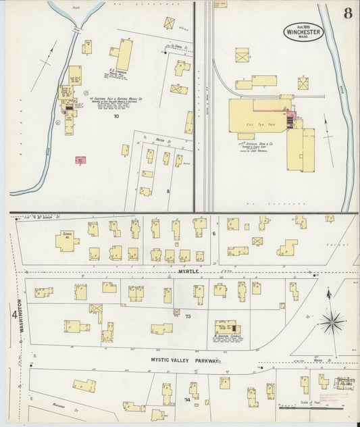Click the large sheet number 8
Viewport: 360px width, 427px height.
pyautogui.click(x=346, y=14)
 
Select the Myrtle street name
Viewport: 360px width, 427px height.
pyautogui.click(x=190, y=271)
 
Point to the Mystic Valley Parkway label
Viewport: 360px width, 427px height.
pyautogui.click(x=185, y=361)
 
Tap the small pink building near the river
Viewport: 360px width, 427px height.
pyautogui.click(x=81, y=160)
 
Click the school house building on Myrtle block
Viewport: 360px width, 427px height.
pyautogui.click(x=67, y=241)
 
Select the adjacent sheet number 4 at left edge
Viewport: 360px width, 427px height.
pyautogui.click(x=13, y=314)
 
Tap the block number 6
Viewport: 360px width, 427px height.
pyautogui.click(x=213, y=233)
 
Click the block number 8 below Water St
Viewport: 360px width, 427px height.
pyautogui.click(x=168, y=191)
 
